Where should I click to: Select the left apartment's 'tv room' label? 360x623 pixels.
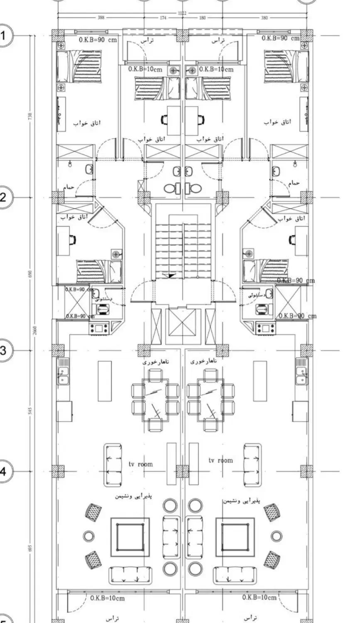[140, 464]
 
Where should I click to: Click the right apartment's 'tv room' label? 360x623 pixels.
[220, 460]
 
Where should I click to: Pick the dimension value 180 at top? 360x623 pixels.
[203, 18]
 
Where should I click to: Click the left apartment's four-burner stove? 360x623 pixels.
[99, 328]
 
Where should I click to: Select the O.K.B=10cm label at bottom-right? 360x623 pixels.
[259, 597]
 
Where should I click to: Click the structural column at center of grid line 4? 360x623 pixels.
[181, 471]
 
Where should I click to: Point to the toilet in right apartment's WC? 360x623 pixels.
[262, 309]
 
